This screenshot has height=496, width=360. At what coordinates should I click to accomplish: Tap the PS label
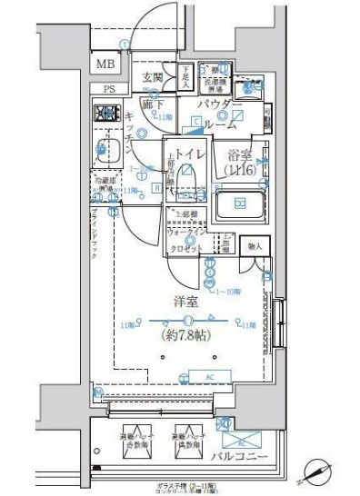(109, 89)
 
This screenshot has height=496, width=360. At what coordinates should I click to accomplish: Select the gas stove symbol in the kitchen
(108, 114)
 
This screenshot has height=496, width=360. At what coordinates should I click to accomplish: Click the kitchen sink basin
(109, 150)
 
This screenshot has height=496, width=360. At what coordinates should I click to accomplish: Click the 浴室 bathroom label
(241, 155)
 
